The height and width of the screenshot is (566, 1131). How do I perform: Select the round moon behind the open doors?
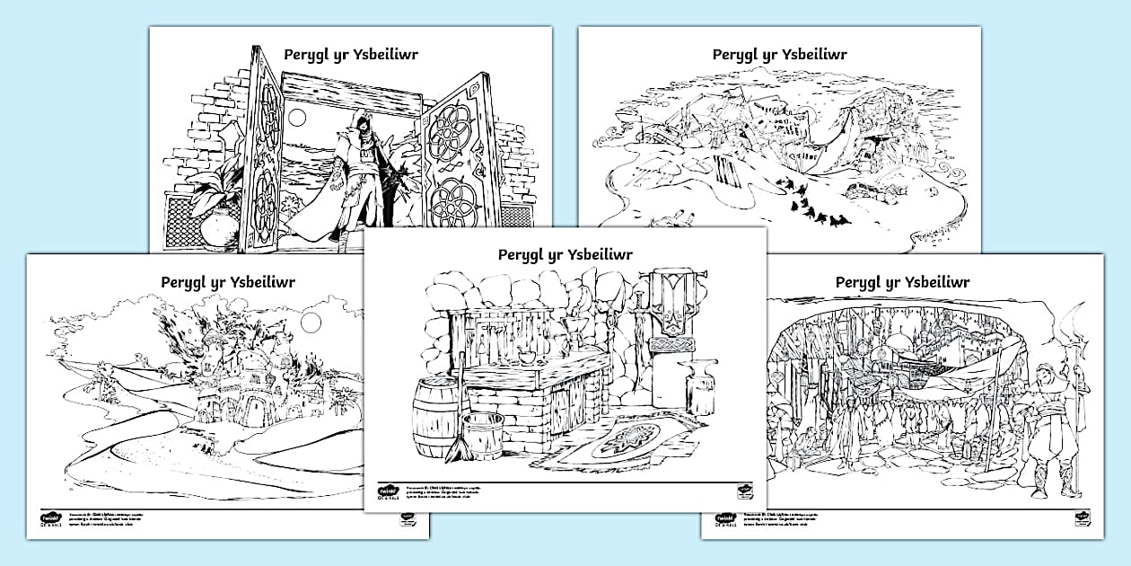click(298, 118)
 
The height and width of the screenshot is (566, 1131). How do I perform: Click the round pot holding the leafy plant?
click(218, 229)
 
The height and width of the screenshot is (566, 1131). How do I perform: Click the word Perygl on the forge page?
click(522, 255)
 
